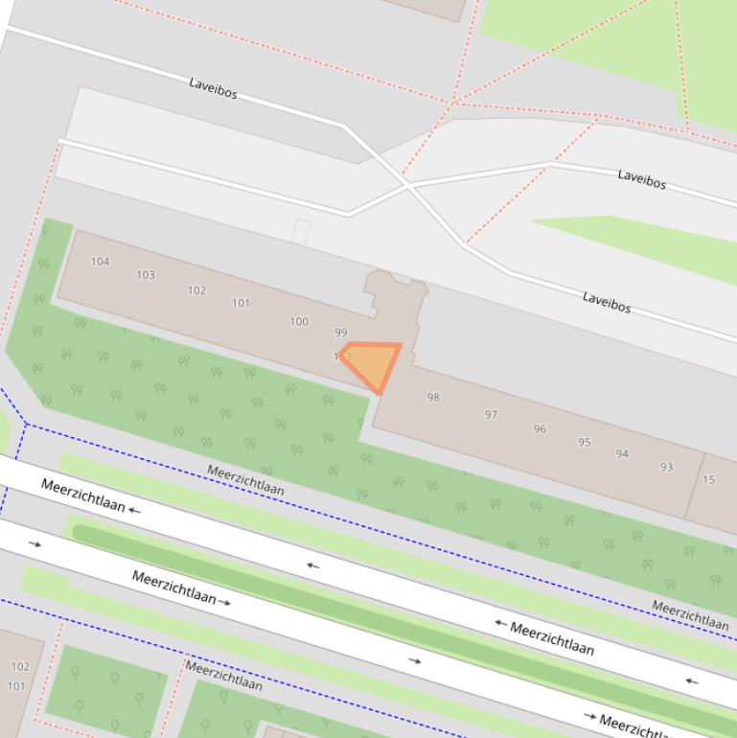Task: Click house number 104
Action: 100,261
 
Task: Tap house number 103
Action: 146,275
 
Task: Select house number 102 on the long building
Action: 196,290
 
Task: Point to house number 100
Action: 299,322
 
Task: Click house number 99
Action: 341,334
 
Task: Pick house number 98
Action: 433,398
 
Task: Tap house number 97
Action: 491,415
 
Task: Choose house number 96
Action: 540,429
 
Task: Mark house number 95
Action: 585,443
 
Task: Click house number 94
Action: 622,454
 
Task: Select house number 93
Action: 666,468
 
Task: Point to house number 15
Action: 709,480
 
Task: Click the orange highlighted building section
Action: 375,363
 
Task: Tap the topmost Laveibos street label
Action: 213,89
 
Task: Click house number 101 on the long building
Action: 241,304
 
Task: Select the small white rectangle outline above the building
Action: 301,231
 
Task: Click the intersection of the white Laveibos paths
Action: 406,184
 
